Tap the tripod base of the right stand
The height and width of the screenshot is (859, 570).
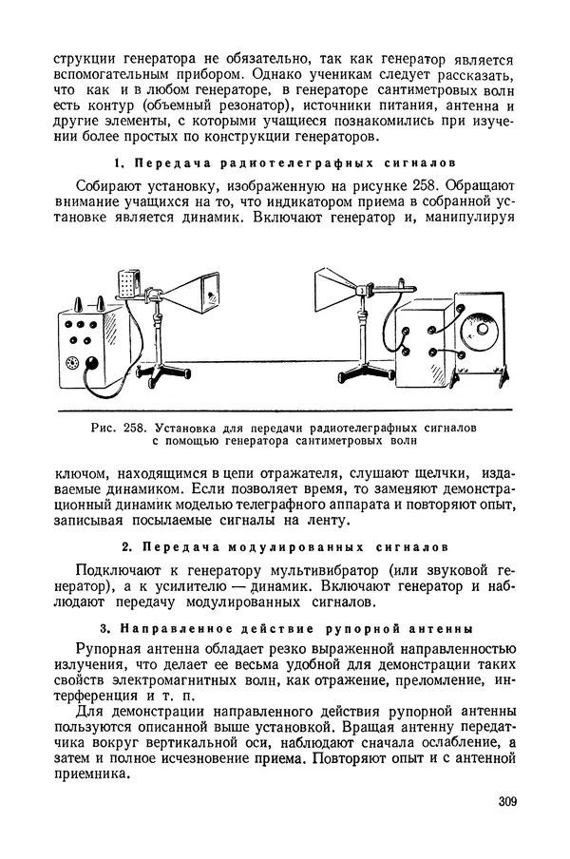[362, 372]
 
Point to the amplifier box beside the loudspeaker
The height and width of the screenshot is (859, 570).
[425, 341]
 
